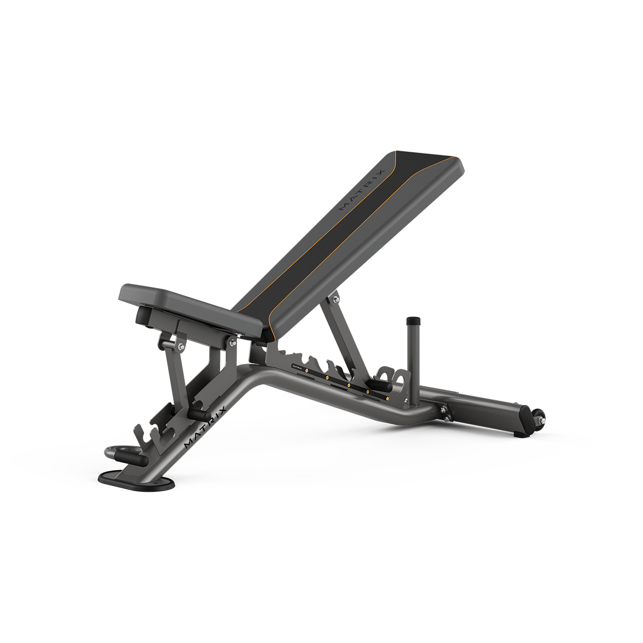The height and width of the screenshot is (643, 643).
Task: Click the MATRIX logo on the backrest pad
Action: (x=362, y=191)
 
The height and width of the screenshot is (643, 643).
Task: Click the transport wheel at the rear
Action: (x=540, y=419)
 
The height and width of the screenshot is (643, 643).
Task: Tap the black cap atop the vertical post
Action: (x=414, y=322)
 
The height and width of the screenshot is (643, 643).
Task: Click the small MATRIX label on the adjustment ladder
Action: (x=296, y=367)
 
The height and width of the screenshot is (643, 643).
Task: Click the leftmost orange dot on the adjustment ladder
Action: (x=307, y=370)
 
